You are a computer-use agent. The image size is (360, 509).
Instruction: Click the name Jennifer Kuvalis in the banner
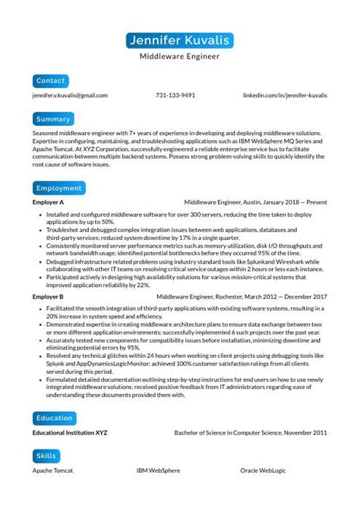tap(180, 40)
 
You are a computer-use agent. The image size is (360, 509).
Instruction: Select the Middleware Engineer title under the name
tap(180, 56)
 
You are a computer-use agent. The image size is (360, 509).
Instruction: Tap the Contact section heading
tap(51, 80)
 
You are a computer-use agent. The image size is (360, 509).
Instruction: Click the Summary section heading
tap(53, 119)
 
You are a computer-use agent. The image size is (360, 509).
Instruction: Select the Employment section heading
tap(58, 188)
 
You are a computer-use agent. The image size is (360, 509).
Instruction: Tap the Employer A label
tap(48, 204)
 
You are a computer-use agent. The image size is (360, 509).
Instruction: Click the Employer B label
tap(48, 296)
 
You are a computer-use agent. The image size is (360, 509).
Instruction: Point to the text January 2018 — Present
tap(296, 204)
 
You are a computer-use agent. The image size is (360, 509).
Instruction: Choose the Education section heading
tap(55, 417)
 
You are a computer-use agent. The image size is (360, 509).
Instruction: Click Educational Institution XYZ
tap(70, 433)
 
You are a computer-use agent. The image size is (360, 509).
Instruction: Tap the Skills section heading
tap(46, 456)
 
